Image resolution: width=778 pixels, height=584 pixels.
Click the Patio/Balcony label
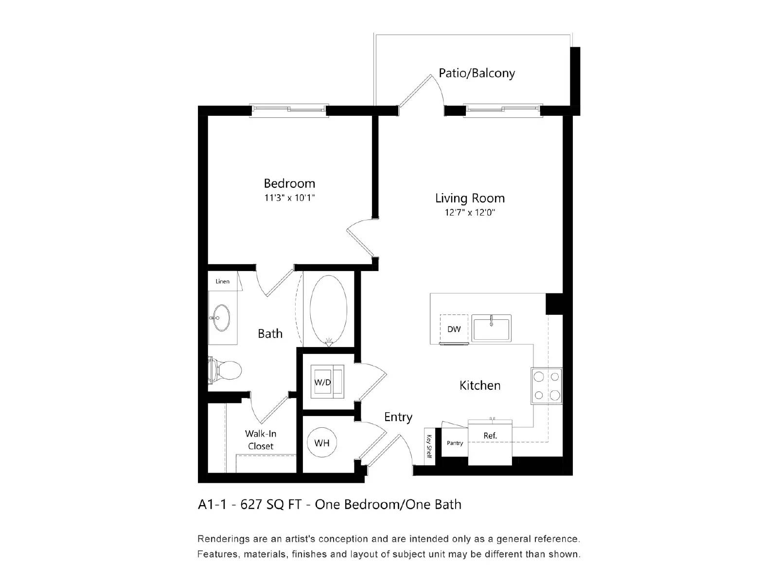pyautogui.click(x=477, y=73)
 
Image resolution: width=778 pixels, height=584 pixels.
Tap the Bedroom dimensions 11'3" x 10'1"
pyautogui.click(x=289, y=198)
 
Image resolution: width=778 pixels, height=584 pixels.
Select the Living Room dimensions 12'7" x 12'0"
pyautogui.click(x=469, y=212)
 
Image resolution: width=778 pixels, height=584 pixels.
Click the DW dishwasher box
pyautogui.click(x=454, y=329)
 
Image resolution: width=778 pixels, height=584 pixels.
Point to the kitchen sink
pyautogui.click(x=491, y=328)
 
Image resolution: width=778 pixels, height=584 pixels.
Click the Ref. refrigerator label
pyautogui.click(x=490, y=436)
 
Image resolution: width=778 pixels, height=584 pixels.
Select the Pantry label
pyautogui.click(x=455, y=443)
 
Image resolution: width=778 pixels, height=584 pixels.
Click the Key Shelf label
pyautogui.click(x=429, y=445)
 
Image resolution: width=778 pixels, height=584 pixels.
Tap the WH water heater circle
pyautogui.click(x=322, y=443)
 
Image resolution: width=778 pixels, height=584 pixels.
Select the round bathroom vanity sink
pyautogui.click(x=222, y=318)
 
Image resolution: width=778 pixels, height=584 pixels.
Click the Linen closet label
pyautogui.click(x=222, y=281)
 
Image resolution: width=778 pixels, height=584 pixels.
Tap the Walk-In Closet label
pyautogui.click(x=261, y=439)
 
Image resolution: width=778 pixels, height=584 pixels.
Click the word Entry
pyautogui.click(x=398, y=417)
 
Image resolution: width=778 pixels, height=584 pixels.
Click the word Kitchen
pyautogui.click(x=480, y=385)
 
